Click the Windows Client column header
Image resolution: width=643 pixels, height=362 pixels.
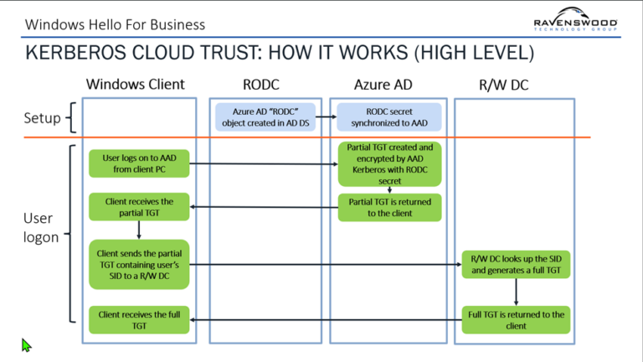(x=135, y=85)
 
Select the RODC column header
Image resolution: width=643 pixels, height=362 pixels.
(x=262, y=85)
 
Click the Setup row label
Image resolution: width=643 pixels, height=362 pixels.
(x=42, y=118)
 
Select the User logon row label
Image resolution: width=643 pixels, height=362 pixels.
(x=40, y=227)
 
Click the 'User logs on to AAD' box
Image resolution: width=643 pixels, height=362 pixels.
(x=139, y=163)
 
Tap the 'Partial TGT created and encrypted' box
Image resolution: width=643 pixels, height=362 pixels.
(x=389, y=163)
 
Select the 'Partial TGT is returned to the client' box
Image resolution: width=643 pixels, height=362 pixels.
(x=389, y=208)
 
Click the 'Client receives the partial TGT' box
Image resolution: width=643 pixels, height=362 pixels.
(x=139, y=208)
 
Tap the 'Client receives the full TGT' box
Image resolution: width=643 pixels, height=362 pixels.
(x=139, y=319)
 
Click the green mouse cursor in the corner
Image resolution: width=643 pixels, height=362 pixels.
(x=26, y=344)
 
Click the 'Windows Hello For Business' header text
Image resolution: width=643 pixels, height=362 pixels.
(x=115, y=24)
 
